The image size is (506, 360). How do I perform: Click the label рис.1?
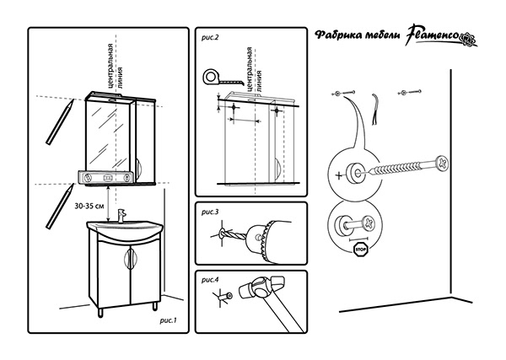pos(166,320)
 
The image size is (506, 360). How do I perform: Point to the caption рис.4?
pos(210,279)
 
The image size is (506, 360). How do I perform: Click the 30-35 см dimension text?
pos(89,205)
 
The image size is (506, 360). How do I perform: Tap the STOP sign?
pos(360,250)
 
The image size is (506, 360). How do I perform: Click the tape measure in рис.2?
pos(212,78)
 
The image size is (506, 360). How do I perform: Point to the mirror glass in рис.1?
pos(105,131)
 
